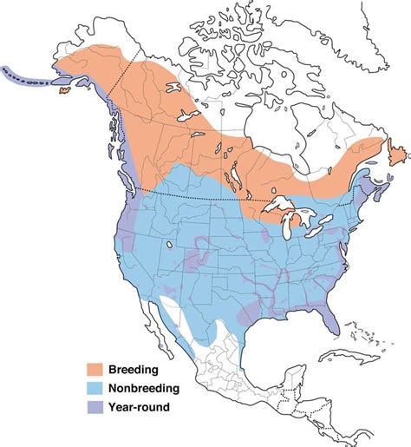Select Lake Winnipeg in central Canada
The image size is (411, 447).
pos(231,173)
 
